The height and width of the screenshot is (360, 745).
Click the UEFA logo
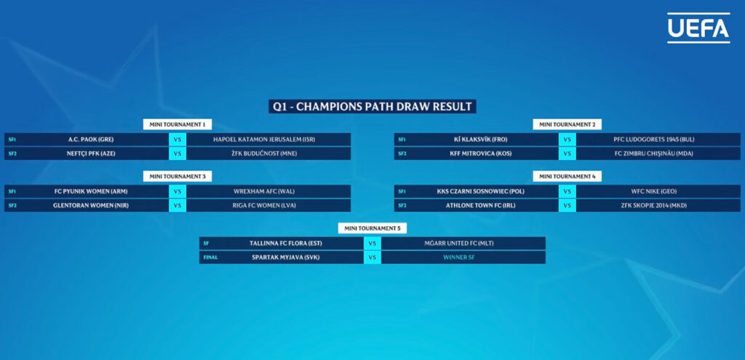point(698,28)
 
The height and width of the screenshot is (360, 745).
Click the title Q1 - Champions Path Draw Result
point(372,106)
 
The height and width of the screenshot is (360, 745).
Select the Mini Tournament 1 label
point(178,124)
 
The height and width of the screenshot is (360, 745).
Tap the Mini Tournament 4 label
point(567,176)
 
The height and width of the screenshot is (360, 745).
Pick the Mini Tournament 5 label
point(372,228)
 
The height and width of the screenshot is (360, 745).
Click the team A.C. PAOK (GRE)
point(91,140)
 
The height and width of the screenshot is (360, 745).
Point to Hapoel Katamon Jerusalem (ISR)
point(264,140)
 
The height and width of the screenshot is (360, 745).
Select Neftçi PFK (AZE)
point(91,153)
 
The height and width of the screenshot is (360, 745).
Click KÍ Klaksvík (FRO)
point(481,140)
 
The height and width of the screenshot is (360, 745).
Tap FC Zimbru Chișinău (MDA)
point(654,153)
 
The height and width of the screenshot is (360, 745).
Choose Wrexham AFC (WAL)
point(264,191)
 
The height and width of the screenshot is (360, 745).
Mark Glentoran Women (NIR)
point(91,205)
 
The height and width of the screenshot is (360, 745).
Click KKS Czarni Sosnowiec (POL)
point(481,191)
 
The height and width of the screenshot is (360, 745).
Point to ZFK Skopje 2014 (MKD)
point(654,205)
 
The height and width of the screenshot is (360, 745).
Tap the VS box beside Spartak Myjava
point(372,257)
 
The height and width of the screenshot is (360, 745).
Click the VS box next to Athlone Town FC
point(567,205)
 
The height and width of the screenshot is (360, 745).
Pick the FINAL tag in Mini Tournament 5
point(210,257)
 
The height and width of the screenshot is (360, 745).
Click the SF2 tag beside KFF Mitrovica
point(402,153)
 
